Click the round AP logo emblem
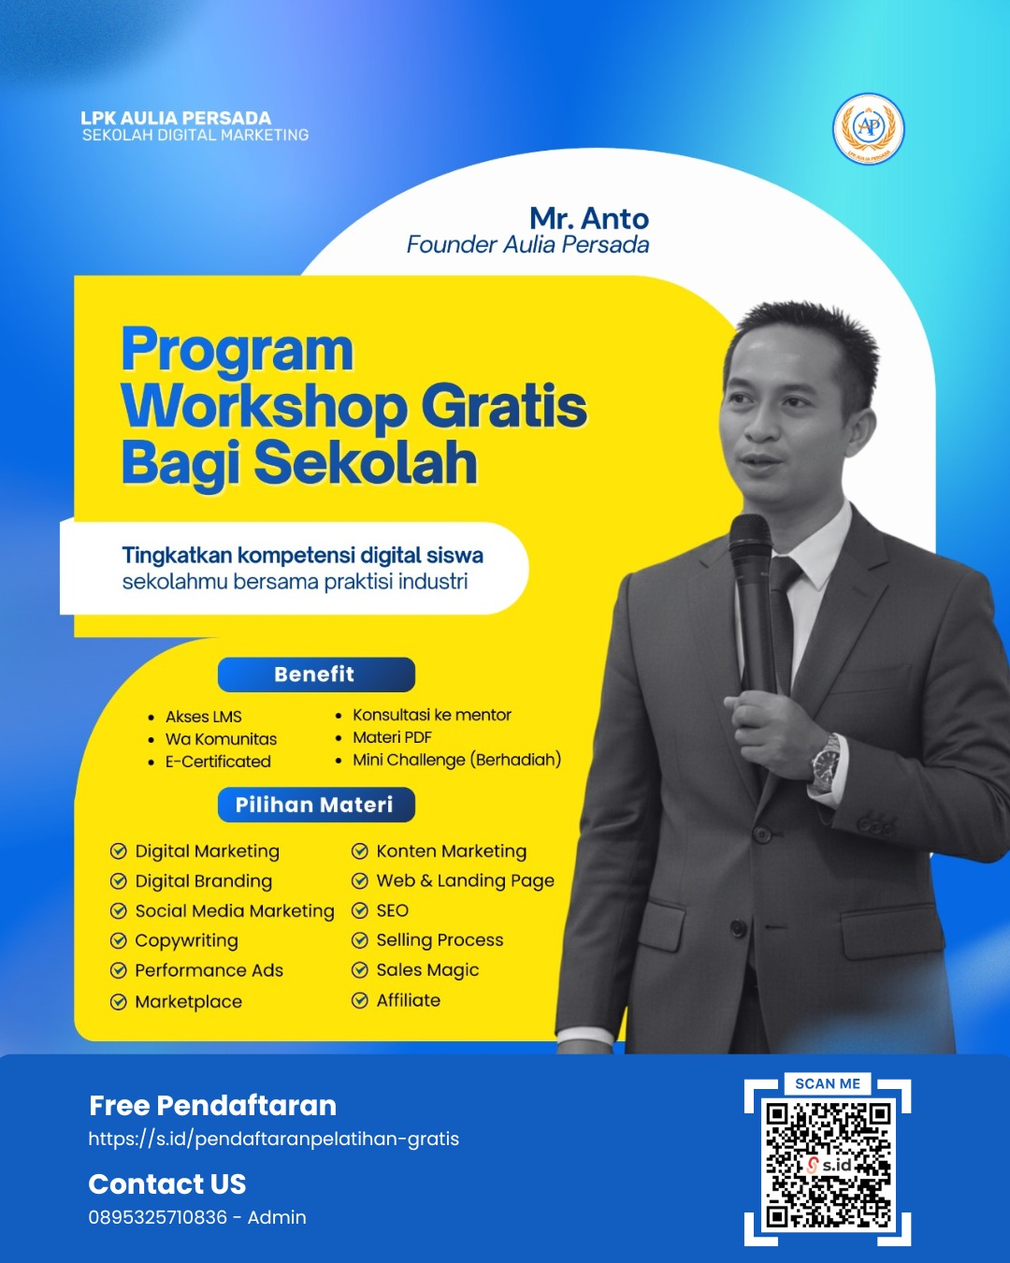coord(869,128)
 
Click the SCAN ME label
coord(828,1083)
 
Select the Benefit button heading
coord(316,675)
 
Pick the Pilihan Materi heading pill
coord(316,805)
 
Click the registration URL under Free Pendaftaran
coord(273,1139)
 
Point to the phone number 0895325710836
coord(157,1217)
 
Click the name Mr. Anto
coord(589,218)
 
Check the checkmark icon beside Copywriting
coord(119,941)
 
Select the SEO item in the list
coord(392,910)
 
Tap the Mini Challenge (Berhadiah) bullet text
coord(456,760)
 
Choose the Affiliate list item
coord(409,1000)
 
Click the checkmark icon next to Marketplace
coord(119,1001)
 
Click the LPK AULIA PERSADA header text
coord(176,118)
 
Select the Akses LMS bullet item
coord(203,717)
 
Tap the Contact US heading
coord(166,1183)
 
